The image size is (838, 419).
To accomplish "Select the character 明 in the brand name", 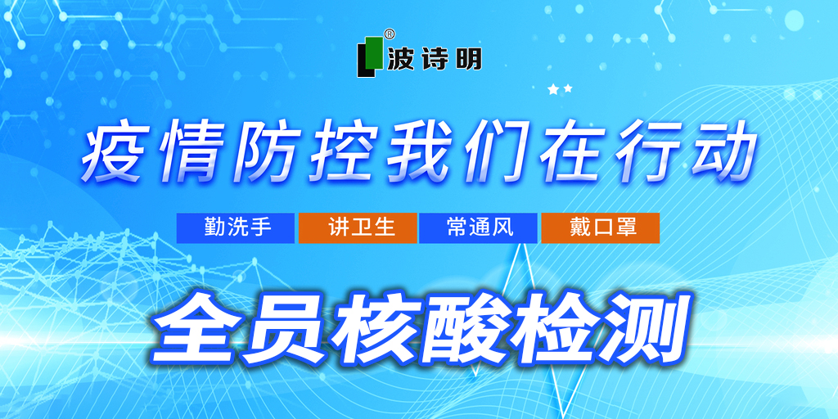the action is pyautogui.click(x=468, y=59).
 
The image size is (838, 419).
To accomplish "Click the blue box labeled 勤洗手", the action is pyautogui.click(x=236, y=228).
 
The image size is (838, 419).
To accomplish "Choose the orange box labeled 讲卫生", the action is pyautogui.click(x=358, y=228).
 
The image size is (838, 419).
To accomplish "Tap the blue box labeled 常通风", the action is pyautogui.click(x=478, y=228).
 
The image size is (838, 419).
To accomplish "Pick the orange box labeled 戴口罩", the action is pyautogui.click(x=600, y=228).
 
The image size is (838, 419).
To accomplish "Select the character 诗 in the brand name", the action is pyautogui.click(x=434, y=59).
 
